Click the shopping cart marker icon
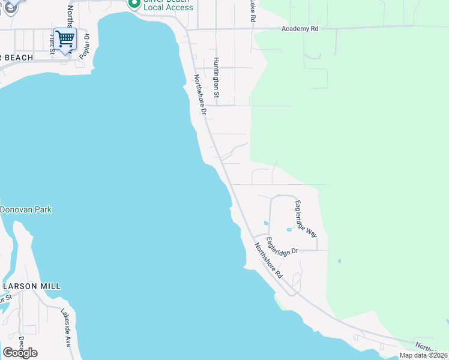(65, 39)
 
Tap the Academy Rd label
(301, 28)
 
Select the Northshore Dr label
(200, 95)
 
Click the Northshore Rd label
(268, 260)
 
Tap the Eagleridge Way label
(306, 219)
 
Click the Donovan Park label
(26, 209)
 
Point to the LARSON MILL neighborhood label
(31, 286)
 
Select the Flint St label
(52, 44)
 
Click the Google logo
(20, 352)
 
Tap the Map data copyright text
(424, 355)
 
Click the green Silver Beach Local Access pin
(134, 4)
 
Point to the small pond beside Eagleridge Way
(289, 229)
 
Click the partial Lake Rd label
(253, 12)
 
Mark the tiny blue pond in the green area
(339, 261)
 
